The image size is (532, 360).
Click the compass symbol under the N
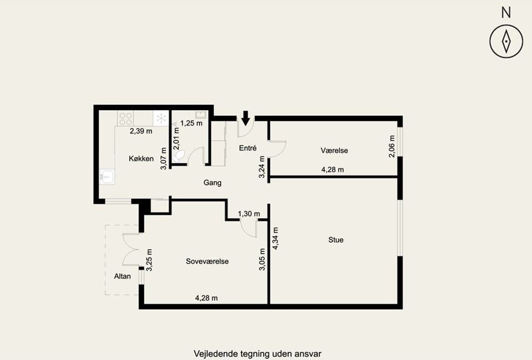click(x=506, y=42)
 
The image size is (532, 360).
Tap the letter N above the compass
click(x=506, y=13)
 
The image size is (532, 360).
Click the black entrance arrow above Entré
click(x=245, y=118)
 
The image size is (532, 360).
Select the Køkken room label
click(x=141, y=158)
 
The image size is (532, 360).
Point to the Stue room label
click(x=336, y=240)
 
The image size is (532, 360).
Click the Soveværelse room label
click(x=207, y=261)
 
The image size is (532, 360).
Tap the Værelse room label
click(x=334, y=151)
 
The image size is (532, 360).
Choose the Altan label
click(x=122, y=276)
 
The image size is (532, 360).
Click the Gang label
click(x=212, y=183)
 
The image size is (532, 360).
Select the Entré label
click(x=248, y=148)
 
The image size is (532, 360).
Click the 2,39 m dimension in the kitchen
click(x=141, y=131)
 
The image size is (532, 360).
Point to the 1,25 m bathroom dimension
click(x=191, y=124)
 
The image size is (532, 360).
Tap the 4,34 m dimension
click(x=275, y=238)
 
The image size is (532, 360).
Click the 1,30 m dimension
click(x=249, y=214)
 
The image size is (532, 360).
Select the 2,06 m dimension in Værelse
click(x=392, y=146)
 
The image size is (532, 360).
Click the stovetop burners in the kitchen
click(x=126, y=119)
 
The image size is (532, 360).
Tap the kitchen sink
click(x=107, y=177)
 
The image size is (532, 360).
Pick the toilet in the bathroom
click(x=178, y=157)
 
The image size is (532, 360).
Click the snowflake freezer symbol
click(x=161, y=119)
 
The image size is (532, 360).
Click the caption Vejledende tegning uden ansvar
click(x=258, y=354)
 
